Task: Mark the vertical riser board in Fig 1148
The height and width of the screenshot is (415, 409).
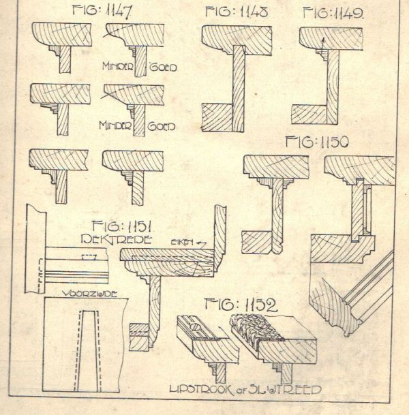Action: pos(238,89)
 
